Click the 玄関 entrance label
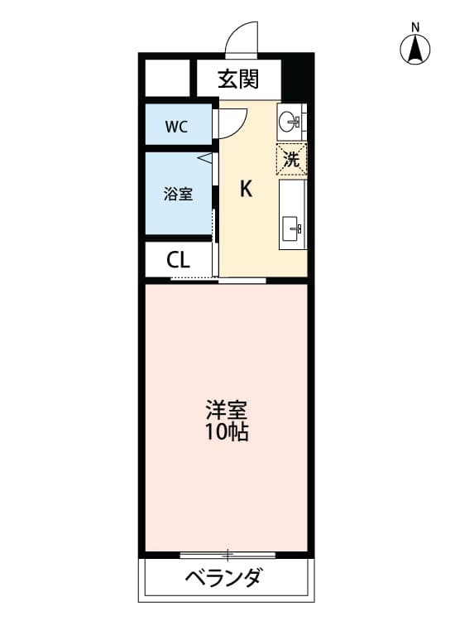(238, 79)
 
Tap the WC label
(176, 128)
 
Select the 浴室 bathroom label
(178, 195)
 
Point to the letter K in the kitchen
(246, 190)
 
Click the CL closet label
(178, 260)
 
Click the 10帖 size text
(227, 432)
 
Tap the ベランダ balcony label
(223, 577)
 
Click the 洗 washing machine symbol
(291, 159)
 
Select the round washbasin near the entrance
(291, 122)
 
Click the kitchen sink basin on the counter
(292, 226)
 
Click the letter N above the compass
(415, 26)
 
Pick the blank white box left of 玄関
(169, 79)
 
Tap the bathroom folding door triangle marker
(204, 156)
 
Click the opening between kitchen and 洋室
(243, 281)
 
